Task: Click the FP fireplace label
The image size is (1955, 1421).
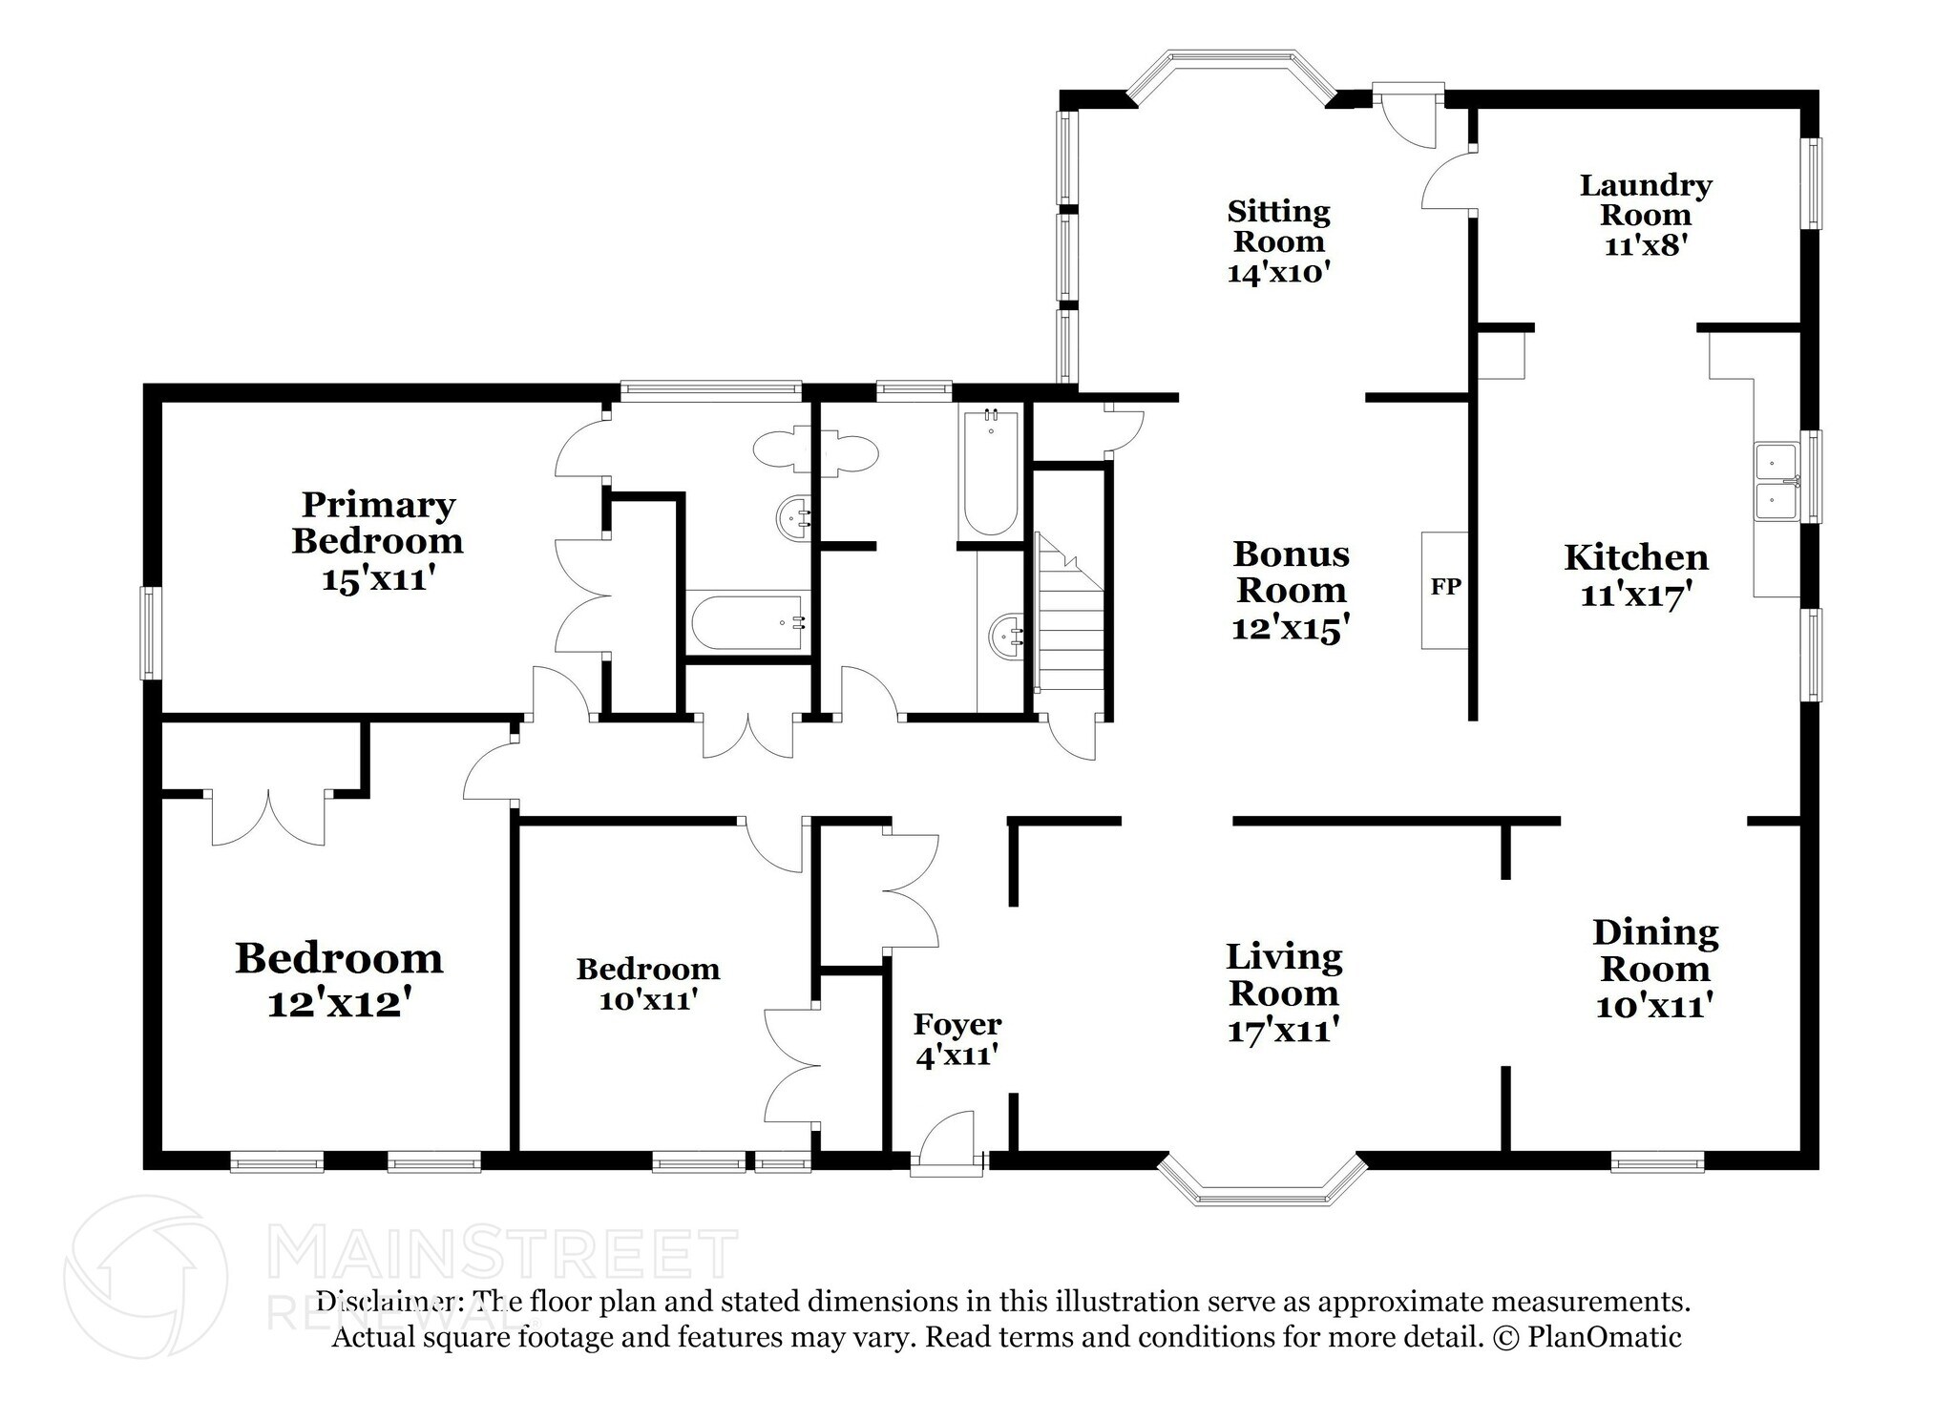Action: coord(1445,587)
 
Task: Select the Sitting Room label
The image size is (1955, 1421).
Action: coord(1278,225)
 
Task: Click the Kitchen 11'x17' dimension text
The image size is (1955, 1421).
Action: coord(1636,596)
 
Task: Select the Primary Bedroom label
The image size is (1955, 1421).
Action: coord(377,522)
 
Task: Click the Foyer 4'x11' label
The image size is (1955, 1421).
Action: coord(957,1039)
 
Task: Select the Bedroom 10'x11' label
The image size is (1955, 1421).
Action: coord(647,970)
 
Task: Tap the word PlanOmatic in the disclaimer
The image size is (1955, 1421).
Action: coord(1604,1337)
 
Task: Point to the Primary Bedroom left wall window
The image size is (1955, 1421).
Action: coord(151,633)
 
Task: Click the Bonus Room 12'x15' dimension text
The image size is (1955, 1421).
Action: coord(1291,629)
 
